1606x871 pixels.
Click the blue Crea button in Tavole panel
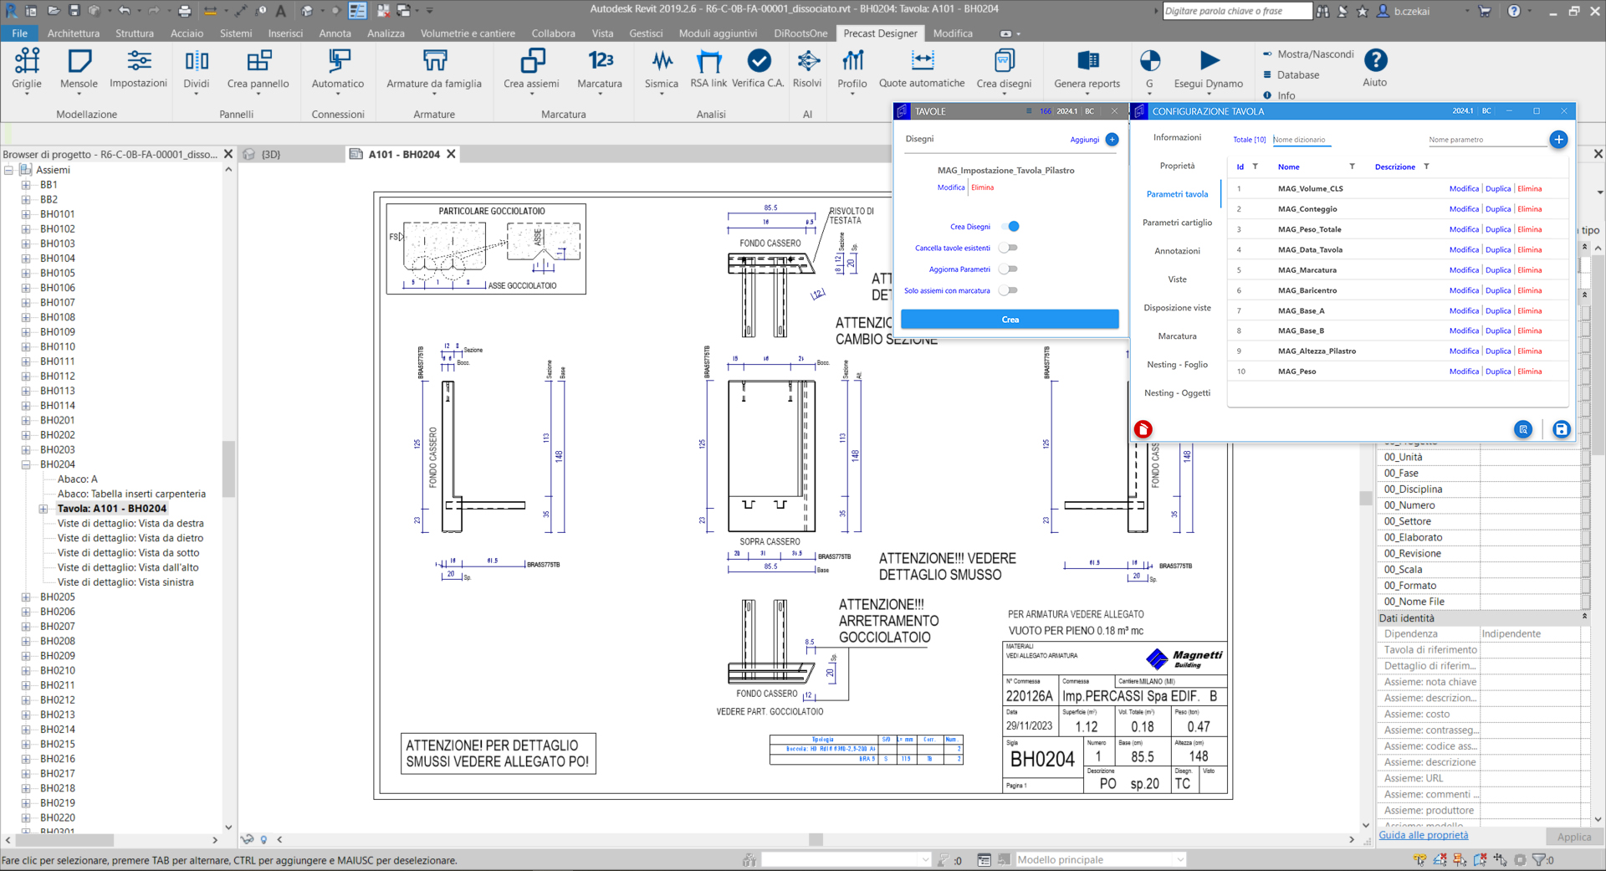(x=1010, y=320)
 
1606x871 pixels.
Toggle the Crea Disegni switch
(x=1010, y=227)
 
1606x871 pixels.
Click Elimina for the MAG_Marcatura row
(x=1529, y=270)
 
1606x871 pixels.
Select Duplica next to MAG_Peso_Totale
(x=1497, y=229)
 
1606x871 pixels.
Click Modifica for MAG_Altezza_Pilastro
(x=1463, y=351)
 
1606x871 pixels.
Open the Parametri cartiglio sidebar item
(x=1177, y=223)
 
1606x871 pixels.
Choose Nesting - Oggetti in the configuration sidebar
(x=1177, y=393)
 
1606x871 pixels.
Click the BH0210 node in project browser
(x=58, y=670)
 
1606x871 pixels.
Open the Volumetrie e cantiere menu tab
(x=468, y=33)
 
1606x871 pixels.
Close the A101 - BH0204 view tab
(x=451, y=154)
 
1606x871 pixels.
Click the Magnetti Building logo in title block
(x=1184, y=659)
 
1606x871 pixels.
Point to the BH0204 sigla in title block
(x=1041, y=759)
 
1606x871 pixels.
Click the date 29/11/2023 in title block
(x=1029, y=726)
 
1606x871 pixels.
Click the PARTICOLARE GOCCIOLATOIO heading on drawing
(x=491, y=212)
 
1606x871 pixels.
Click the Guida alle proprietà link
(x=1423, y=835)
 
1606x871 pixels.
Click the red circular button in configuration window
(x=1143, y=429)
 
